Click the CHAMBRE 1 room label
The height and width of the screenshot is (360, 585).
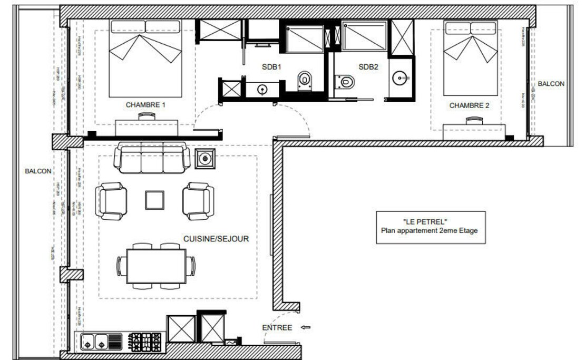pyautogui.click(x=145, y=105)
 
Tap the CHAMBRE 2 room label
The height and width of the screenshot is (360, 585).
pyautogui.click(x=469, y=105)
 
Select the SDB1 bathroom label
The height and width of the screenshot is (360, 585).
pyautogui.click(x=272, y=67)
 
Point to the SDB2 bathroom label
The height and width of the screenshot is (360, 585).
pyautogui.click(x=368, y=67)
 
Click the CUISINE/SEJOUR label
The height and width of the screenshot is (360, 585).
pyautogui.click(x=216, y=239)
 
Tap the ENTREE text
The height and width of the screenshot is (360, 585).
pyautogui.click(x=277, y=328)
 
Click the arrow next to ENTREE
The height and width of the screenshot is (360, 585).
pyautogui.click(x=305, y=328)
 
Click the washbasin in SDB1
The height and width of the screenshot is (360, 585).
pyautogui.click(x=262, y=90)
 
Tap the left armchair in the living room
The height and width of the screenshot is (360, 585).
pyautogui.click(x=111, y=201)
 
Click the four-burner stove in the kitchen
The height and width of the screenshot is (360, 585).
pyautogui.click(x=145, y=342)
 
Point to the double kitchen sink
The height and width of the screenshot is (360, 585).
pyautogui.click(x=94, y=342)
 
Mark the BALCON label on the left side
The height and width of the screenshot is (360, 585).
pyautogui.click(x=38, y=171)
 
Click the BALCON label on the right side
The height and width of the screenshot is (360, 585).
pyautogui.click(x=551, y=83)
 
